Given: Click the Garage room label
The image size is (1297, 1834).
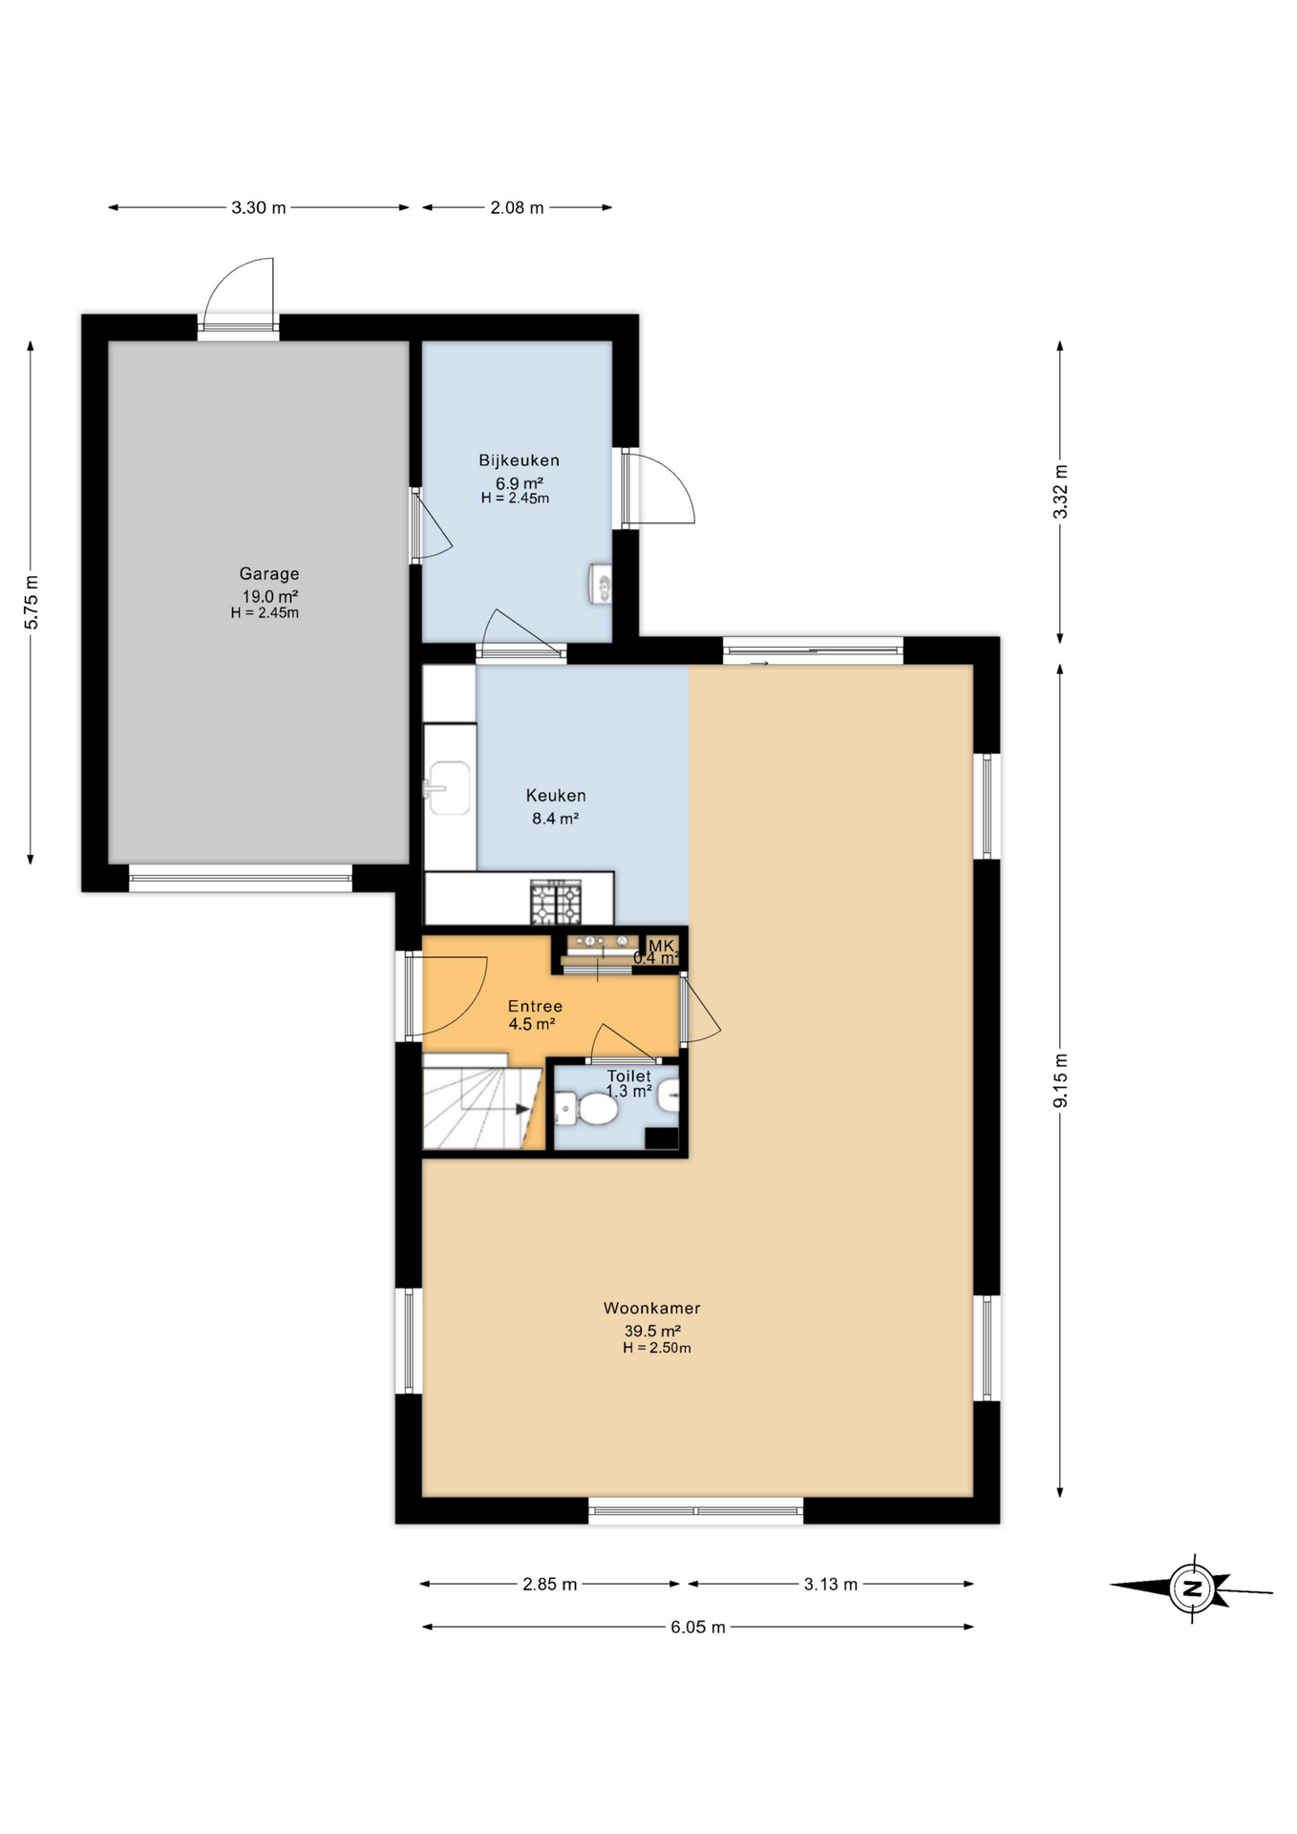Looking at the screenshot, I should coord(268,574).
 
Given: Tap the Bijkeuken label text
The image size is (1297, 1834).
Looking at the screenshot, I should coord(519,460).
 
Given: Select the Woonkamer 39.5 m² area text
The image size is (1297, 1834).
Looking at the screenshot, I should coord(651,1332).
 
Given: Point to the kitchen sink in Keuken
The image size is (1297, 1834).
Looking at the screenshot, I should coord(449,788).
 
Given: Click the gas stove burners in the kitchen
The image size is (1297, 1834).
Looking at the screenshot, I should coord(556,903).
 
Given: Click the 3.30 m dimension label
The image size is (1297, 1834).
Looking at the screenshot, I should coord(258,207).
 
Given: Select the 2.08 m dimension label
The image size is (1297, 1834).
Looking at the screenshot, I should coord(517,207).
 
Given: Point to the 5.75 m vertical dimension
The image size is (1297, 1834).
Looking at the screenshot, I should coord(32,603).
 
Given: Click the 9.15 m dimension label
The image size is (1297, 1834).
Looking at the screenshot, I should coord(1060,1080).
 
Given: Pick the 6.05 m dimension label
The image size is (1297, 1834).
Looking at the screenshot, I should coord(697,1627).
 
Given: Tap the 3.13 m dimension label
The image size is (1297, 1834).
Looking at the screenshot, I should coord(830,1584).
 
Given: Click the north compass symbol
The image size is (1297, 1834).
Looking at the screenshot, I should coord(1191,1589).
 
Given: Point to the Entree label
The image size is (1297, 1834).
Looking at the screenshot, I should coord(535,1006).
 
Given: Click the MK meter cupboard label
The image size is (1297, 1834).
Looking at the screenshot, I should coord(661,946).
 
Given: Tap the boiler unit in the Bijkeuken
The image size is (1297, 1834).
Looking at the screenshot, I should coord(601,583).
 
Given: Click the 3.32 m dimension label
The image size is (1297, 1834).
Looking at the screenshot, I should coord(1060,491).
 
